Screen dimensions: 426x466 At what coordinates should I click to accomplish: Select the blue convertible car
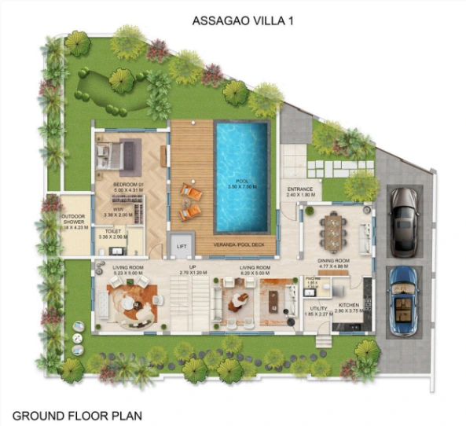(x=404, y=300)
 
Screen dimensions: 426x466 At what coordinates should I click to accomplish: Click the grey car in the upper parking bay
(x=403, y=221)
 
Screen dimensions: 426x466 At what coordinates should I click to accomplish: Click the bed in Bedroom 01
(x=113, y=156)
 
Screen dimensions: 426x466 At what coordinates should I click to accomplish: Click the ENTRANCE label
(x=300, y=189)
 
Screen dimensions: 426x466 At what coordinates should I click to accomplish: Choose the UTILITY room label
(x=318, y=308)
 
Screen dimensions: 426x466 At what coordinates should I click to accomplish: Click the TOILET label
(x=108, y=230)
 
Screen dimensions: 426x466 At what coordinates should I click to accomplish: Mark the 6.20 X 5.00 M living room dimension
(x=256, y=274)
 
